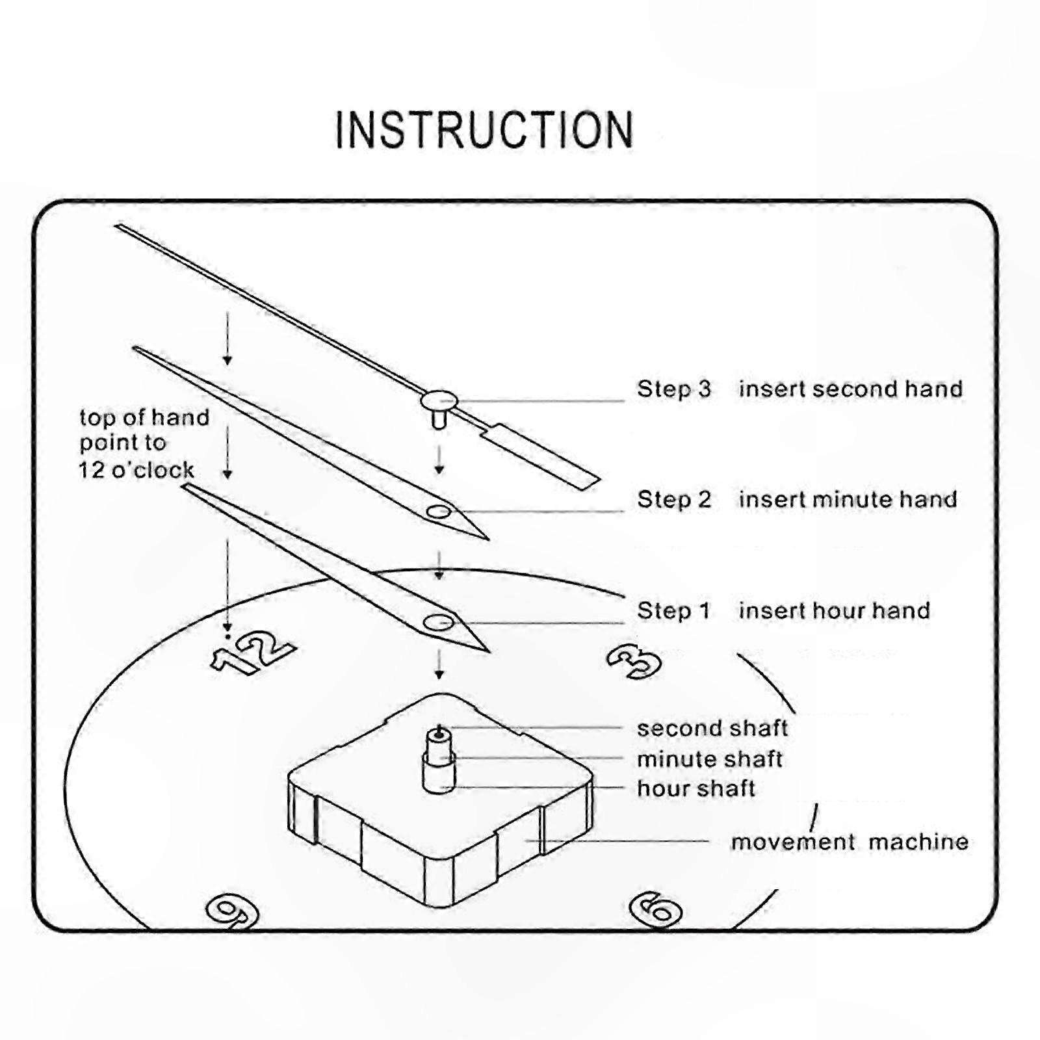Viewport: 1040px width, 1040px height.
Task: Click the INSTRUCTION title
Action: [484, 130]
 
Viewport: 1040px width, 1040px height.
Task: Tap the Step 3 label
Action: [674, 389]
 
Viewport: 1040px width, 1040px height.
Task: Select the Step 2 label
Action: [674, 499]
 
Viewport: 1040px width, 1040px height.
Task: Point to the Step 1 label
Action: [673, 610]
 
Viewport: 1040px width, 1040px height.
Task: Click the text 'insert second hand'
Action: [851, 389]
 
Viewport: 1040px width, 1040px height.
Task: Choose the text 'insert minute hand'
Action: [848, 499]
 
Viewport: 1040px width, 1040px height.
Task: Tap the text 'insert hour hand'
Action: [835, 610]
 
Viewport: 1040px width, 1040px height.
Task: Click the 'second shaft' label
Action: [712, 728]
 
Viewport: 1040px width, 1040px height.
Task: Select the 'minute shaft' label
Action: [710, 759]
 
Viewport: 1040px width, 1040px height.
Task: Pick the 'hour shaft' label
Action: [696, 788]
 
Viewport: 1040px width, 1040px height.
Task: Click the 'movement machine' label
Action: [850, 842]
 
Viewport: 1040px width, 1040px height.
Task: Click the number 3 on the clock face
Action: [633, 662]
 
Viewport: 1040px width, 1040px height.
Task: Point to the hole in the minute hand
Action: [439, 512]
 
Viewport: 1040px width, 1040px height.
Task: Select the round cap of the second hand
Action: [439, 400]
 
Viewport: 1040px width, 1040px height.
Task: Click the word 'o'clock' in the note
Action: [153, 470]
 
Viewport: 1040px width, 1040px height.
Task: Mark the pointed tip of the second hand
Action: [116, 226]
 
